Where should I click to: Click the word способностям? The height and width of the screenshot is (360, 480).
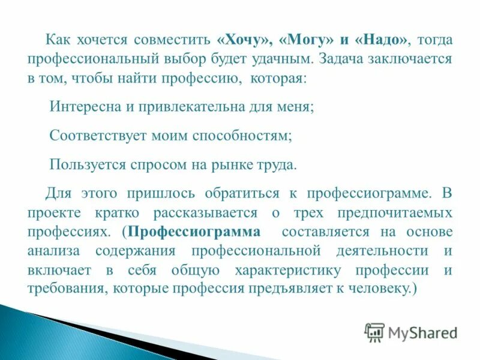tap(242, 136)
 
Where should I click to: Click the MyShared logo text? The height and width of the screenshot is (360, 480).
tap(422, 332)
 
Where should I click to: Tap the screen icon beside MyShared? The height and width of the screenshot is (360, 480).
tap(374, 332)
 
